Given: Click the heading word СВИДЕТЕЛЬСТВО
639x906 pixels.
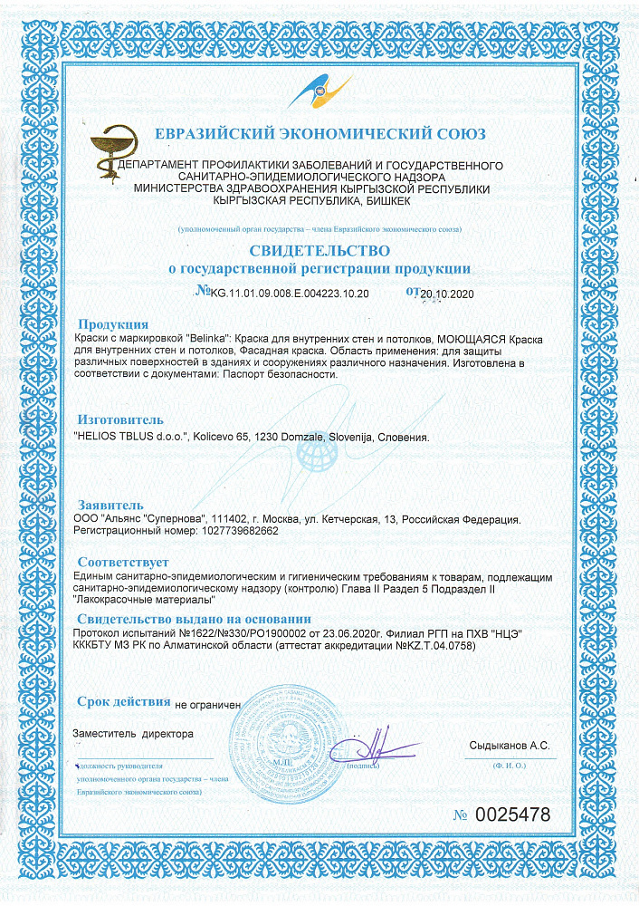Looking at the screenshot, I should pos(319,249).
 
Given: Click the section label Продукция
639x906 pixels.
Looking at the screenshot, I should pos(113,324).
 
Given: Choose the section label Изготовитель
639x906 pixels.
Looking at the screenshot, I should pos(120,419).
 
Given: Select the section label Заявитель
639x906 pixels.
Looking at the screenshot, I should pos(110,504).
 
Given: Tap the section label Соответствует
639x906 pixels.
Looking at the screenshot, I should pos(123,562).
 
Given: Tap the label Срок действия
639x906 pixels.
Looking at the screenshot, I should pos(123,701).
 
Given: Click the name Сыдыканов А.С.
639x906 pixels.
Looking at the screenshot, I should pos(509,746).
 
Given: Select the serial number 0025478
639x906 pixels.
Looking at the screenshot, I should pos(513,814).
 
